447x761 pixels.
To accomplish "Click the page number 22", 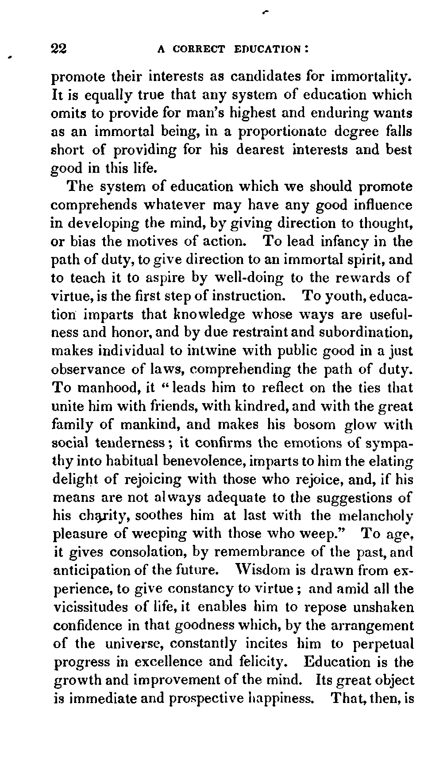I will (x=59, y=48).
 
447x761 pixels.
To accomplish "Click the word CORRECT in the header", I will (x=198, y=49).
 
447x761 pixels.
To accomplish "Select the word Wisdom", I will (x=260, y=570).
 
